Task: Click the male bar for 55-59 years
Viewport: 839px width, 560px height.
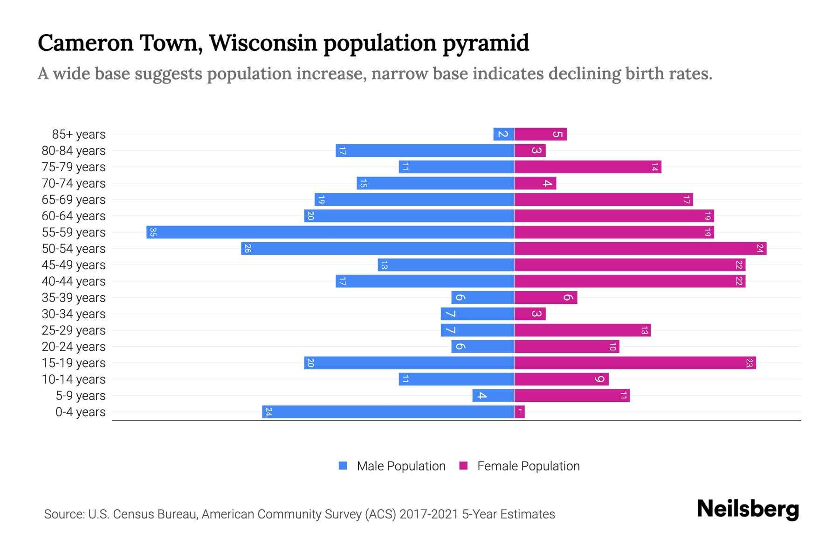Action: [330, 232]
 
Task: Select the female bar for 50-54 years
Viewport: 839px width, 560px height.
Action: [640, 248]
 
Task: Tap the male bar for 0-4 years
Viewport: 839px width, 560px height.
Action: [388, 412]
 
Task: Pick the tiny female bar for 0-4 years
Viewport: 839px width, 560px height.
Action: [519, 412]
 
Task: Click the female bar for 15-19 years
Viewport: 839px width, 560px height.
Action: [635, 363]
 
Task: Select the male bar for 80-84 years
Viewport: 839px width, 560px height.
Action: [425, 150]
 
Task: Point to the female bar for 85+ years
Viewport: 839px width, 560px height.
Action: [540, 134]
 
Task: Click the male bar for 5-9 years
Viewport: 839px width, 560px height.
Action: [493, 395]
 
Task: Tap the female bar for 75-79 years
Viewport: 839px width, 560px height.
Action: [587, 167]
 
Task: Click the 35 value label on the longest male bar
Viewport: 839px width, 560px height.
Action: [153, 232]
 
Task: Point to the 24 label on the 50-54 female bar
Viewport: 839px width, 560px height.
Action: [760, 248]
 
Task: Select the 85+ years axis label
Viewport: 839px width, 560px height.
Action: [78, 134]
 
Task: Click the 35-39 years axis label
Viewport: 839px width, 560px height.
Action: [74, 298]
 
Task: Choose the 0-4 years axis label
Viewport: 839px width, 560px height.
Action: [80, 412]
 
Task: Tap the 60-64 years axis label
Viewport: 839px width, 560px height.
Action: [74, 216]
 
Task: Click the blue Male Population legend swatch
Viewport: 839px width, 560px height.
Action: [343, 466]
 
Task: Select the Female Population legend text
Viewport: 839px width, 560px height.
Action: [528, 466]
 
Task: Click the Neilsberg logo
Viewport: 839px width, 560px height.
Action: [748, 509]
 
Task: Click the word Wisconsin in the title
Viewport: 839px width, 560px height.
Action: [263, 43]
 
